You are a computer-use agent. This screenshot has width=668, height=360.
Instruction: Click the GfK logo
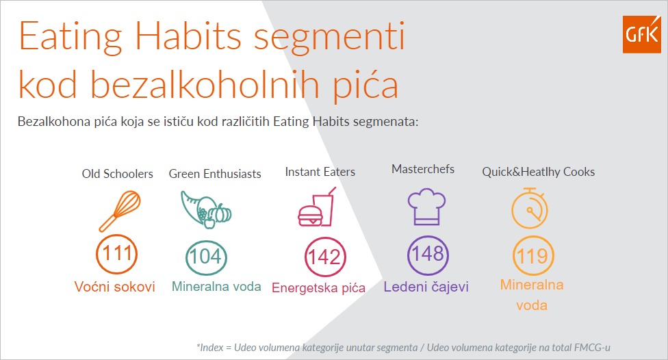(641, 34)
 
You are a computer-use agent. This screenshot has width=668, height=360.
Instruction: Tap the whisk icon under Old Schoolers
(120, 211)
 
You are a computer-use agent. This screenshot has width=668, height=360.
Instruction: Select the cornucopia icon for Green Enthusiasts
(206, 209)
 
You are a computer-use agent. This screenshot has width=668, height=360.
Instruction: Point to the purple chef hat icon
(426, 207)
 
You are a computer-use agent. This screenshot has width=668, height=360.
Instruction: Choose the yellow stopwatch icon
(530, 208)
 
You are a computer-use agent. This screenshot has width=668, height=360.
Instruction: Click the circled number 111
(117, 254)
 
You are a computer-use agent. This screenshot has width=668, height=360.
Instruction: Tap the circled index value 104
(206, 257)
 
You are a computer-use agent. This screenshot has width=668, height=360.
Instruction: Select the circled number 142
(325, 257)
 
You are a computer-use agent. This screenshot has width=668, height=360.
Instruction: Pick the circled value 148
(428, 255)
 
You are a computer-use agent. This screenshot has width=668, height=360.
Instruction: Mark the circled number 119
(533, 256)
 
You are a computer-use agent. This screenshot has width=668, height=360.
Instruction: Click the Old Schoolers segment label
(118, 174)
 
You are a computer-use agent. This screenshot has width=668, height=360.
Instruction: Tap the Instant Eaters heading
(320, 172)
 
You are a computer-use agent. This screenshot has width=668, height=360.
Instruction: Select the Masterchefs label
(423, 169)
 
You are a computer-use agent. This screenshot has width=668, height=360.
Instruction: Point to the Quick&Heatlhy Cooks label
(539, 172)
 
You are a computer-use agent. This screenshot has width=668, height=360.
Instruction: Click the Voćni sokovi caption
(114, 286)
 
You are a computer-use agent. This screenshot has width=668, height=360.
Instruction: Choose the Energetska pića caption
(319, 288)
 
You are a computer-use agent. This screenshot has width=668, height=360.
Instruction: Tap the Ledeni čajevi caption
(426, 286)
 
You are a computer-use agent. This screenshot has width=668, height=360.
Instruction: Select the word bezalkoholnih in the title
(205, 84)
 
